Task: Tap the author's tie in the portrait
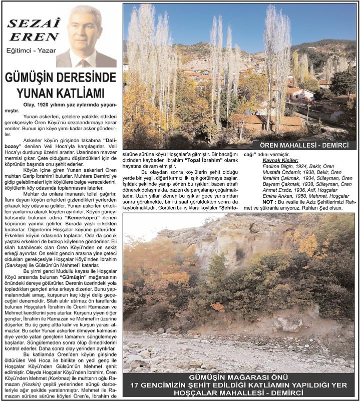(x=84, y=63)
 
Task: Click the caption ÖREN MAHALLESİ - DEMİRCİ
(x=304, y=145)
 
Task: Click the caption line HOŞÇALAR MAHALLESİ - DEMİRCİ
(x=238, y=393)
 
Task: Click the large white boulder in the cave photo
(x=287, y=323)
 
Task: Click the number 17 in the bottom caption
(x=134, y=385)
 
